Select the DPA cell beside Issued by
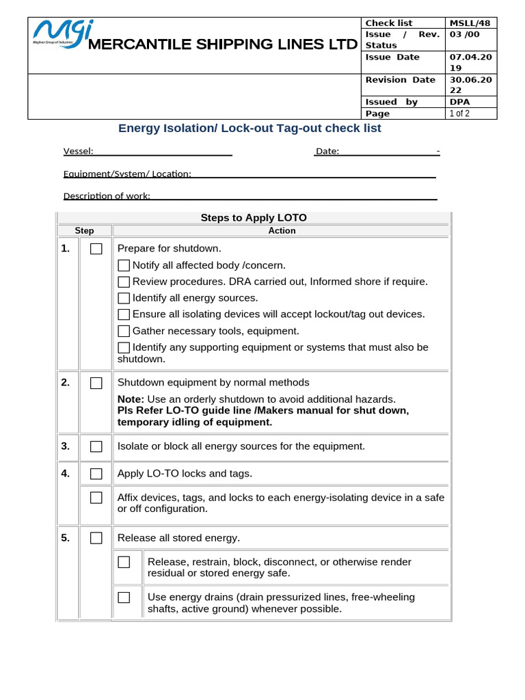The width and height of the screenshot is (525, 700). point(459,102)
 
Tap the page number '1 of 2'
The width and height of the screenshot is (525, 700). point(459,113)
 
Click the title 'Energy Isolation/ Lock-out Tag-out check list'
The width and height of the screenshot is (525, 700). point(250,129)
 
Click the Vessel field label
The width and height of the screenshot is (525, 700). point(79,151)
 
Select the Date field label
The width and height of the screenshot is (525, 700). point(327,151)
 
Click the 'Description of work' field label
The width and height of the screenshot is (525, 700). point(107,196)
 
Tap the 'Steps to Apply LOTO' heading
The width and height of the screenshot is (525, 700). point(254,218)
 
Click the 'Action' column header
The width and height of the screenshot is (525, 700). point(282,231)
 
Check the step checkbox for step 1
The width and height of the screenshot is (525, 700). point(96,249)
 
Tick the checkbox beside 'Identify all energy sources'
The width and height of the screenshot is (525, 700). point(124,298)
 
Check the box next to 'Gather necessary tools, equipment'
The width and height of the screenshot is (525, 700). point(124,331)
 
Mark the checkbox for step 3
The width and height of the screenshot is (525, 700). point(96,446)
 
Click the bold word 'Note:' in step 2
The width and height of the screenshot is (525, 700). point(131,399)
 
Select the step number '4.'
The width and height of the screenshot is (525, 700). point(66,473)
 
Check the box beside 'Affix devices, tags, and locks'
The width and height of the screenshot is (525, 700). point(96,498)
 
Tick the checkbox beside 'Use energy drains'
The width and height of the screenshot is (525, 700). point(124,597)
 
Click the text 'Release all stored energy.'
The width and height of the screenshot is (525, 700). point(178,538)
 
